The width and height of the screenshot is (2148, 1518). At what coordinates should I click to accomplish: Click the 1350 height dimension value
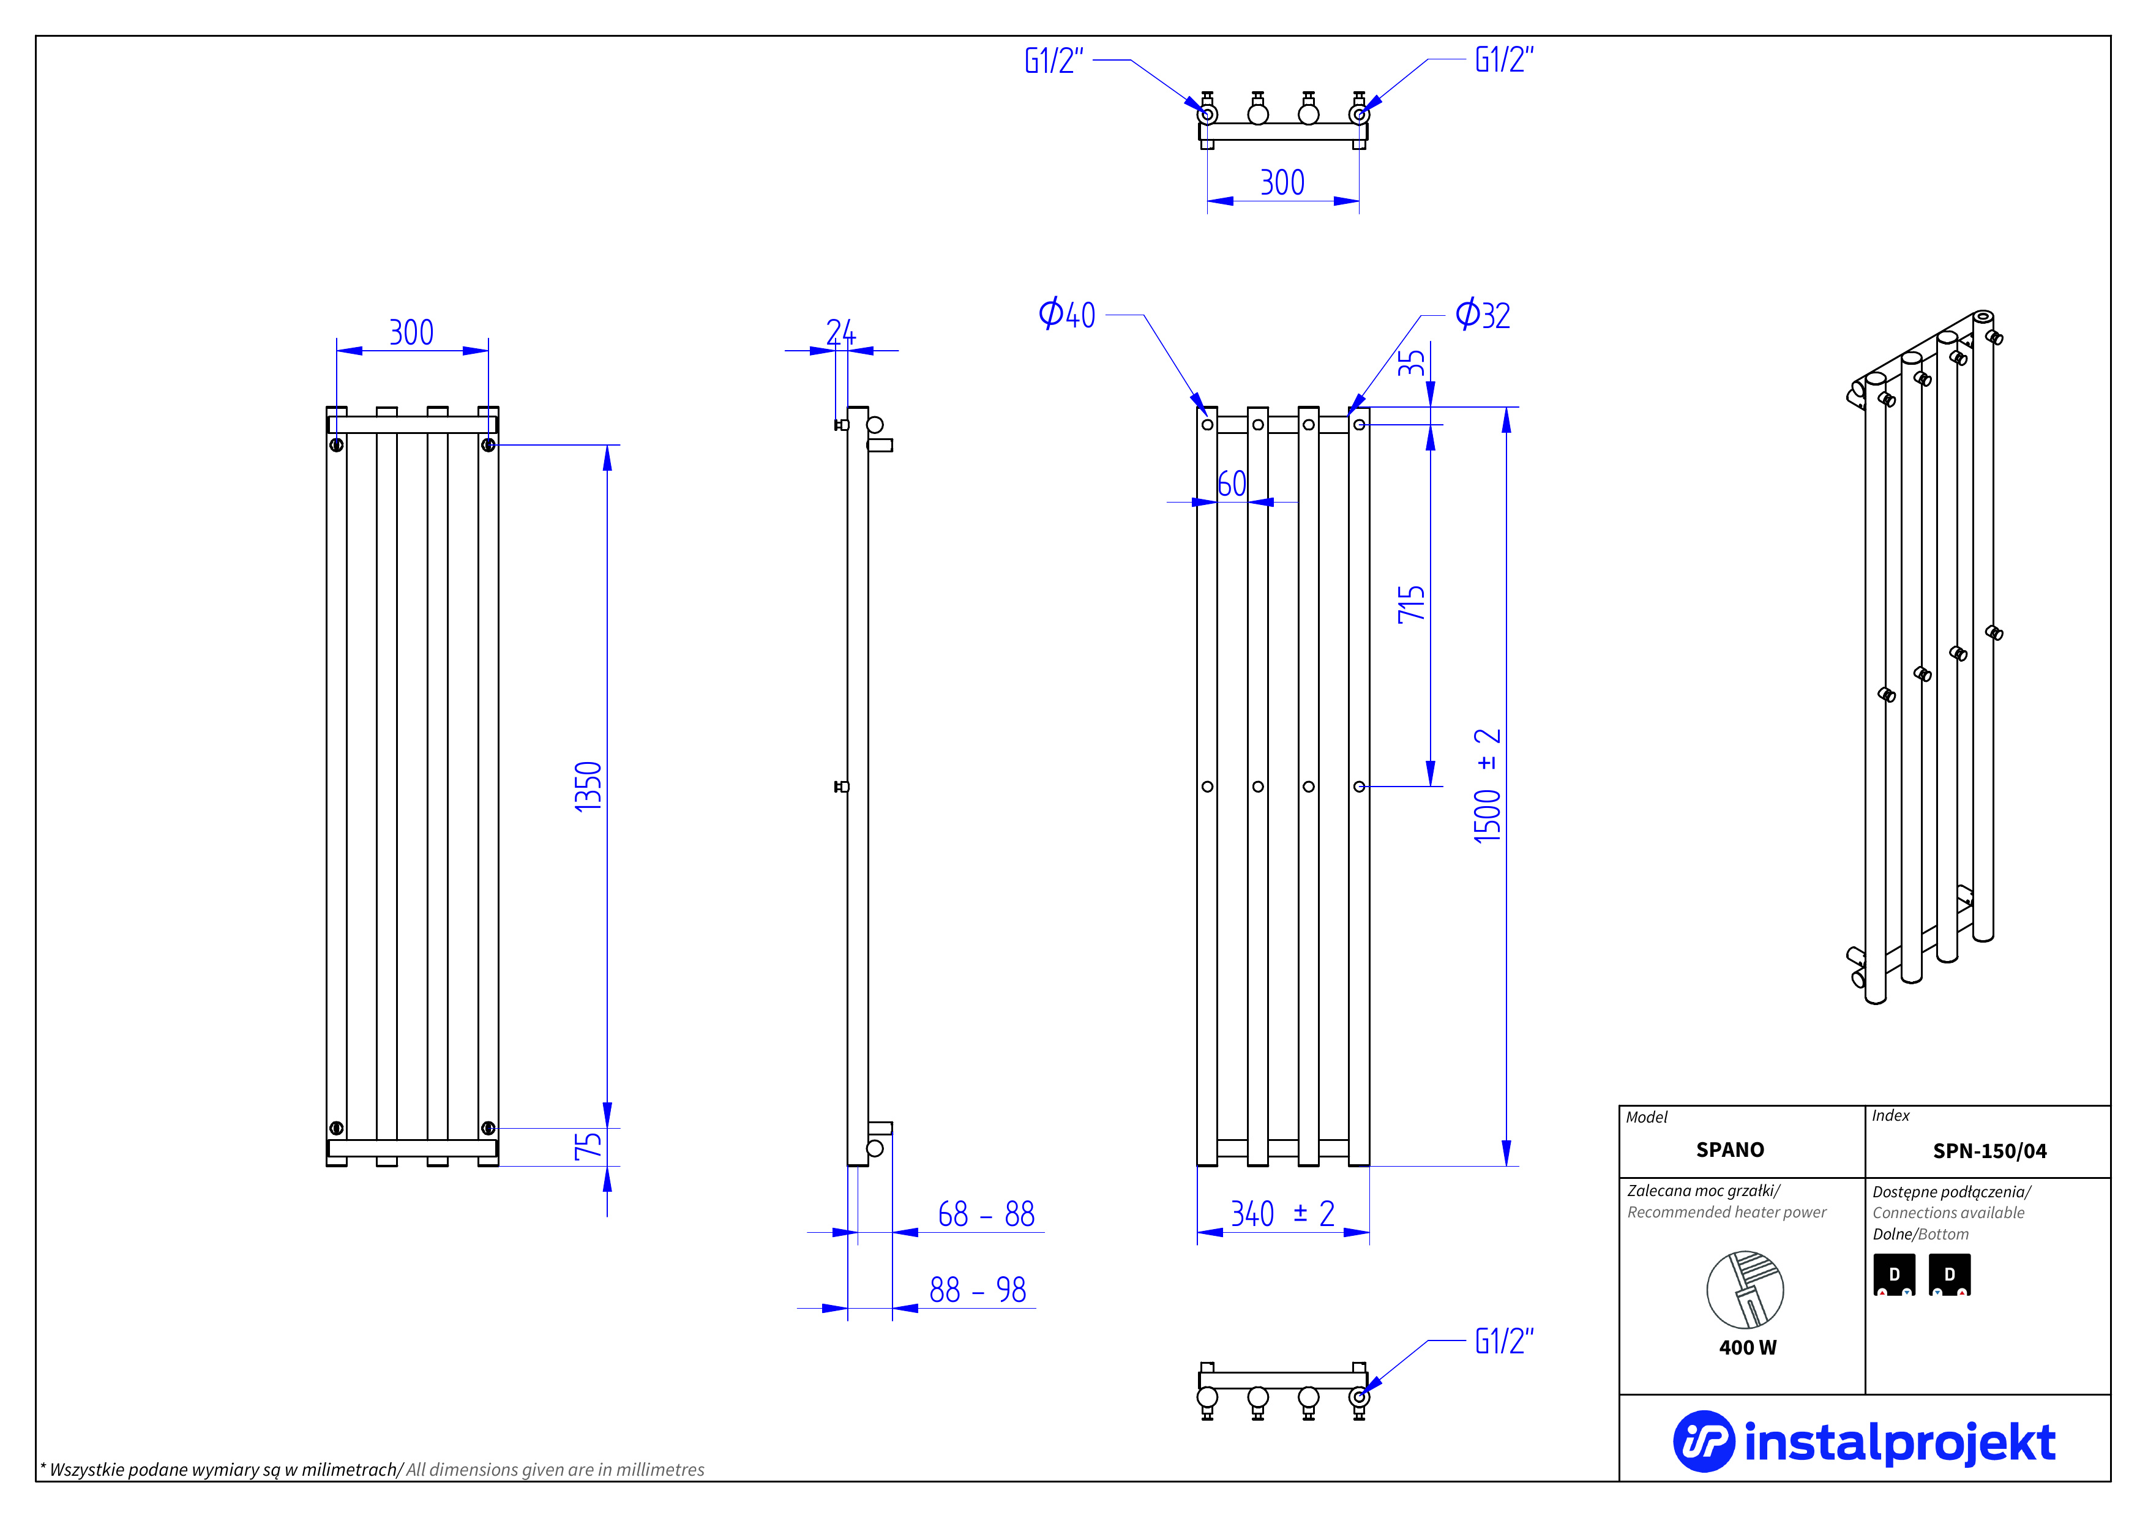588,787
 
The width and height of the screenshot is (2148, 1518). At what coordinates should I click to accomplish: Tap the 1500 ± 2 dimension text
1488,786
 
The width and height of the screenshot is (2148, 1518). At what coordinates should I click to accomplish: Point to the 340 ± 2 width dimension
1282,1214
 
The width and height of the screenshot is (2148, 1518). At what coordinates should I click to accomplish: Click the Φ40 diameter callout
1066,314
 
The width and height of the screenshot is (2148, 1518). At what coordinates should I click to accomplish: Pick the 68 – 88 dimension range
986,1214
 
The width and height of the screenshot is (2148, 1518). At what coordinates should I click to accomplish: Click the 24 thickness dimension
840,331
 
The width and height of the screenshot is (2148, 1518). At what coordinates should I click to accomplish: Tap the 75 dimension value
588,1146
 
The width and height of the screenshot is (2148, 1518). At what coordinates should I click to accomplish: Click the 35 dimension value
1411,363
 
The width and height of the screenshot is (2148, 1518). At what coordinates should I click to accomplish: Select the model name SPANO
1730,1150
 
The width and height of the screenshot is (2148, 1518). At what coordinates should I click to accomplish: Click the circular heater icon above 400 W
1745,1290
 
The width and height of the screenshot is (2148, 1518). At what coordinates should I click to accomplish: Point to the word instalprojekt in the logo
1899,1442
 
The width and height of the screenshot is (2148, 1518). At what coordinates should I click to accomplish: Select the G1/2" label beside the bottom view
1503,1341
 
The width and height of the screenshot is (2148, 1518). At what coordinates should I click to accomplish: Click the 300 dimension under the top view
1282,182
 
